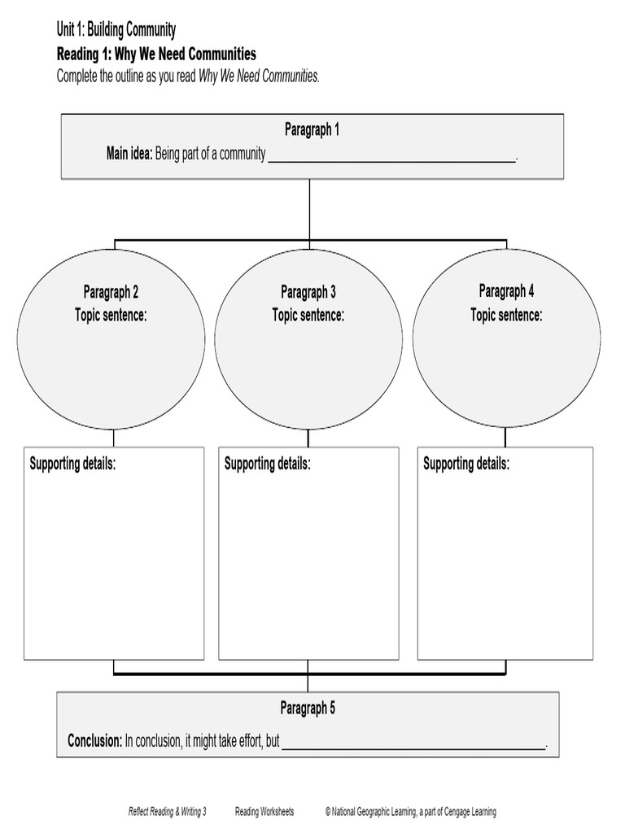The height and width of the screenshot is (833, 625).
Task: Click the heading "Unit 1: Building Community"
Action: coord(116,31)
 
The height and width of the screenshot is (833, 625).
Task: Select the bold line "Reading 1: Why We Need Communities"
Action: coord(156,55)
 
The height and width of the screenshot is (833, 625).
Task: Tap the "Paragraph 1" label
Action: coord(312,130)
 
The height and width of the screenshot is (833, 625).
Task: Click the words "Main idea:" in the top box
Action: coord(129,154)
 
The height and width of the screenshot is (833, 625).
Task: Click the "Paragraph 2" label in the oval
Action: coord(111,292)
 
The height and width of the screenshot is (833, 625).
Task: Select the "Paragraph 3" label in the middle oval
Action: coord(308,292)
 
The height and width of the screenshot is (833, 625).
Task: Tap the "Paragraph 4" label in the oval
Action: coord(506,291)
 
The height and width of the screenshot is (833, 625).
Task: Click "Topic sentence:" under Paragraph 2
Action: coord(111,315)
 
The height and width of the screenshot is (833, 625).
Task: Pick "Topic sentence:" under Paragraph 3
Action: coord(308,315)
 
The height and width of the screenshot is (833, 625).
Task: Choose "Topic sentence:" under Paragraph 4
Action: coord(506,315)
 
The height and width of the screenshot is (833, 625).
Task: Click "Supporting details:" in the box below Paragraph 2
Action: coord(72,464)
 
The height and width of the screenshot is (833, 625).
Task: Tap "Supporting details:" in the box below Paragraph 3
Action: coord(268,464)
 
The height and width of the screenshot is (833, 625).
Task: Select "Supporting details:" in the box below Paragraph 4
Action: coord(466,464)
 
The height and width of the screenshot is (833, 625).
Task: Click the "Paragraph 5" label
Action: coord(308,709)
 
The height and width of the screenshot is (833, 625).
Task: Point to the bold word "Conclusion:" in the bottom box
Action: coord(95,741)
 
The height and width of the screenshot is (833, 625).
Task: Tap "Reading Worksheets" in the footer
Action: coord(264,812)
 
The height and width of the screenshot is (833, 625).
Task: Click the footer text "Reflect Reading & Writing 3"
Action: coord(168,812)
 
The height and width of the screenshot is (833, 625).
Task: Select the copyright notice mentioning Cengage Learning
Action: coord(410,812)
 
